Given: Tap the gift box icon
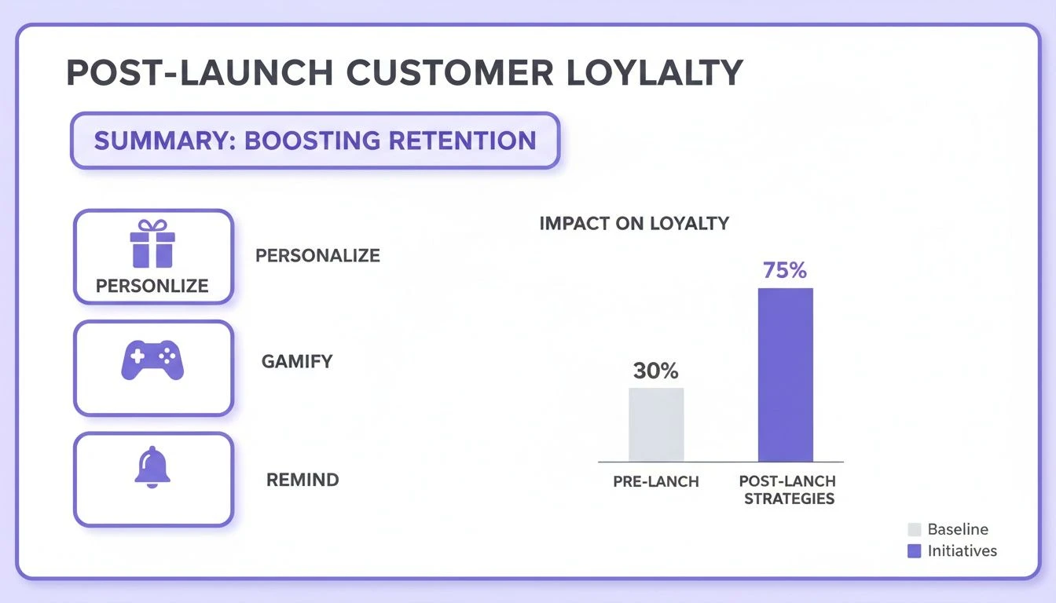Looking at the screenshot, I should [x=153, y=244].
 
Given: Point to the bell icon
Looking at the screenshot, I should [x=152, y=469].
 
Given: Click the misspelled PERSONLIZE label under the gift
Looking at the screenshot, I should [x=152, y=286].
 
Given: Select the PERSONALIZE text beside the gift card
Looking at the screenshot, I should [x=317, y=256].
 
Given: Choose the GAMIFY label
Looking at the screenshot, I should [x=297, y=362].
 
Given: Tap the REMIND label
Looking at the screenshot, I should [x=302, y=480].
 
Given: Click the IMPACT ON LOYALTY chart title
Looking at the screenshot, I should [x=634, y=223].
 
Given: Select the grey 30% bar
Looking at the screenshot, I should [x=656, y=424].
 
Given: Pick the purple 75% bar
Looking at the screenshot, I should [x=785, y=375].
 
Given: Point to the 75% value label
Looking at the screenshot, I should [x=785, y=271].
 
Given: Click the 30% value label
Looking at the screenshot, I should [x=655, y=371].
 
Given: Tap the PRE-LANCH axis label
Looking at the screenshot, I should [x=656, y=481].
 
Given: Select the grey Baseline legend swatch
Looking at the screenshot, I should [x=914, y=529].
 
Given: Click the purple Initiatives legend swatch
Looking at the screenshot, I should [x=914, y=551].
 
